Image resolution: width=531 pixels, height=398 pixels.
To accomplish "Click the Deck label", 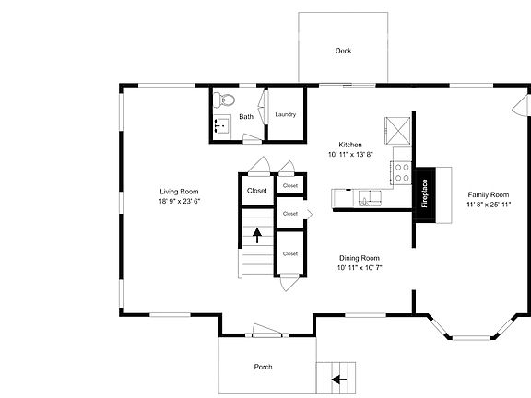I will point(343,51).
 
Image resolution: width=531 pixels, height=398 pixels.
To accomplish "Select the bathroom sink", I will point(222,124).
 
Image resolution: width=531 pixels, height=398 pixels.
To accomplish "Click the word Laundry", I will point(285,114).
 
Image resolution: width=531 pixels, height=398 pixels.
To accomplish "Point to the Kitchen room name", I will point(350,145).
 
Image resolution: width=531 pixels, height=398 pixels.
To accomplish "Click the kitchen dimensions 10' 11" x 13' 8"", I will point(350,155).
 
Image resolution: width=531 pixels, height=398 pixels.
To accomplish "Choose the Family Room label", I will point(488,194).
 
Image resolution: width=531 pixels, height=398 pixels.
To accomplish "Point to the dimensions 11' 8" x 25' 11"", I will point(488,205).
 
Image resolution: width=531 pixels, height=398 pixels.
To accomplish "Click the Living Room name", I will point(180,191).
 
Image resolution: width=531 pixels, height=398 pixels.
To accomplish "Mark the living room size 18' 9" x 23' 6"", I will point(180,201).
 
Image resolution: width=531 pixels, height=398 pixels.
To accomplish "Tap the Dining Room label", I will point(359,258).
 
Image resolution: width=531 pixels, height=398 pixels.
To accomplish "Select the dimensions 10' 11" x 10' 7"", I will point(359,268).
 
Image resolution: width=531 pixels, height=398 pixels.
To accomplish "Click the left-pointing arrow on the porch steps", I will point(338,378).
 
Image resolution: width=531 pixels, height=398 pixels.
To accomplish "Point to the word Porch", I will point(263,367).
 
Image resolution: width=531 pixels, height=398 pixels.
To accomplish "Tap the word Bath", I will point(246,117).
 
